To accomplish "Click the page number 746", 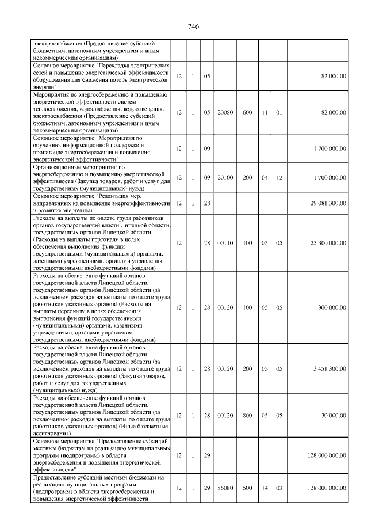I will pos(193,28).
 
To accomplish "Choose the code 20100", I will pos(225,177).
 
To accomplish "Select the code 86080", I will pos(225,488).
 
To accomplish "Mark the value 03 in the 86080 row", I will pos(279,488).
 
